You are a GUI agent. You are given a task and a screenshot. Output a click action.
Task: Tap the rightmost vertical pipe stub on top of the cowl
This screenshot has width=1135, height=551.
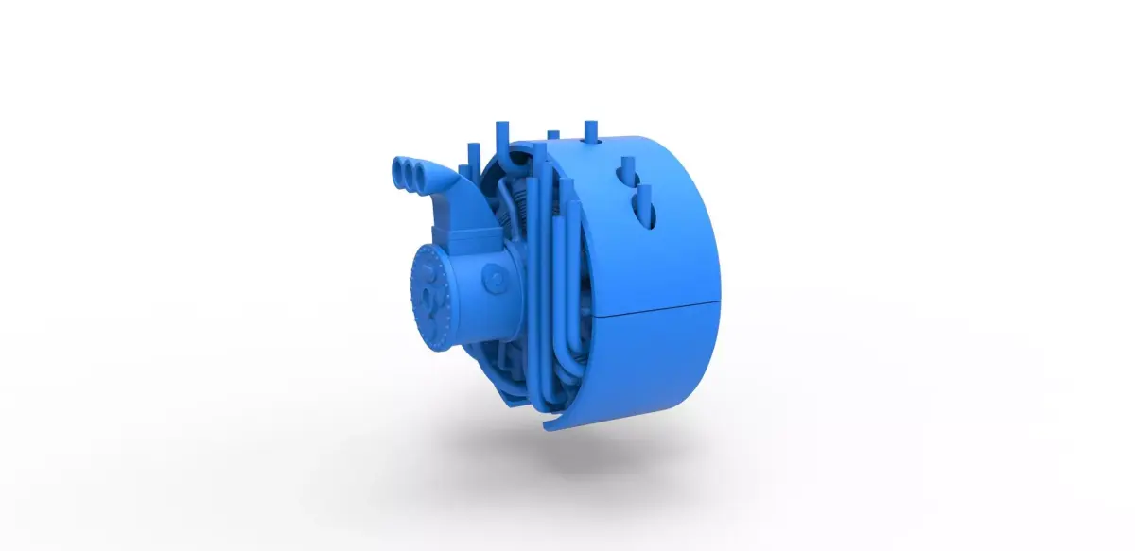pyautogui.click(x=591, y=129)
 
